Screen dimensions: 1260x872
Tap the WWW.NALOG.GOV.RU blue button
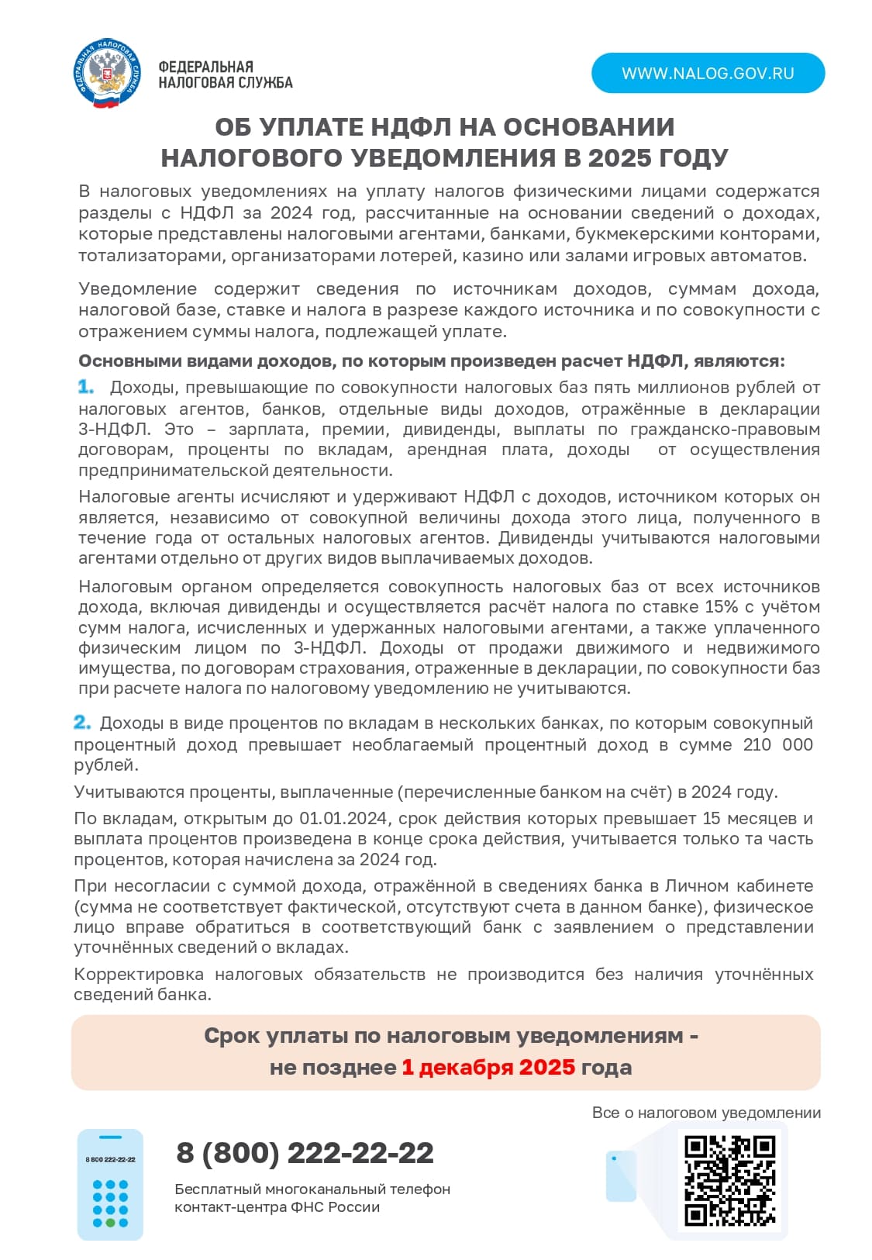coord(708,73)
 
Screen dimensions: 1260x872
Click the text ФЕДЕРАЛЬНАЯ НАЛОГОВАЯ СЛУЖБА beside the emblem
coord(225,74)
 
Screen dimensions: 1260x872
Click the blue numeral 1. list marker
coord(85,386)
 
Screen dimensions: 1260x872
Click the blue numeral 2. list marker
coord(81,722)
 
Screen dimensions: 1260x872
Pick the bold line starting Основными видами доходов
coord(431,361)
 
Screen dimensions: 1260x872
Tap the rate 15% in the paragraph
coord(721,606)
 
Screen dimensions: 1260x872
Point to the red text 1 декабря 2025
coord(488,1067)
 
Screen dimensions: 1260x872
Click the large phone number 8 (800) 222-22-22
coord(305,1152)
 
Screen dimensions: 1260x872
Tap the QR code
coord(729,1181)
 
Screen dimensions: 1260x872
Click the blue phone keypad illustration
coord(110,1184)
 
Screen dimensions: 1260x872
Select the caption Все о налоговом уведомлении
coord(705,1112)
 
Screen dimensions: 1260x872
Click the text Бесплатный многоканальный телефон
coord(312,1189)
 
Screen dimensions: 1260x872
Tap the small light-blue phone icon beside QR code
coord(620,1175)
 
